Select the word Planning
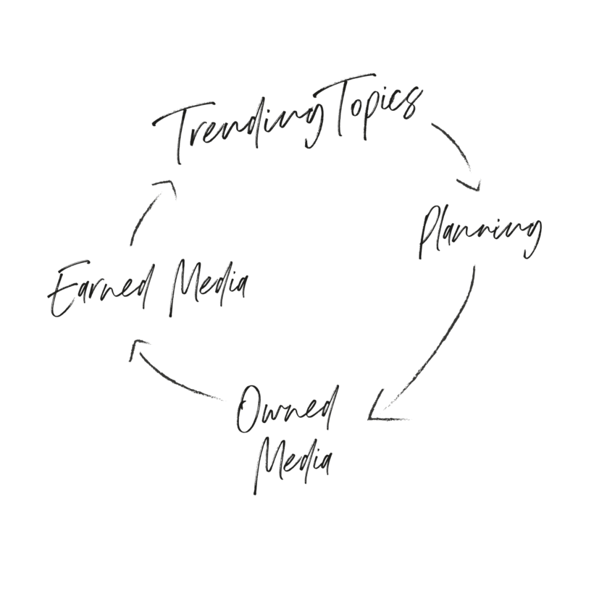click(x=480, y=233)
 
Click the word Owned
click(x=287, y=411)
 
